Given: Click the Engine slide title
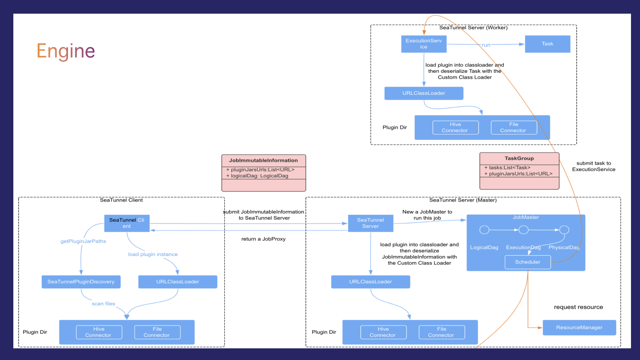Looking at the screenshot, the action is [66, 51].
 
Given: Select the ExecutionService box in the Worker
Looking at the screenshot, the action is [424, 44].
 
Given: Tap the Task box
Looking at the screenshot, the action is [547, 44].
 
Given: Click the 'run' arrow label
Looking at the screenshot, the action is [486, 45].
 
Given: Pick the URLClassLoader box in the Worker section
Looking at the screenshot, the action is [424, 93].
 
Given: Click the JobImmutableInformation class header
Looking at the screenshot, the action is [264, 160].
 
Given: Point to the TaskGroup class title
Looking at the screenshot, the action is [519, 158].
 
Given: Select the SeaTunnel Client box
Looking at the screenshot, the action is [127, 223].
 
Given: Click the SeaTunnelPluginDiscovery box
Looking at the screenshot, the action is [81, 282].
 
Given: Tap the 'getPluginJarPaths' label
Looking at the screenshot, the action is [83, 241].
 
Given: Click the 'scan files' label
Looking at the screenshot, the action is [103, 304].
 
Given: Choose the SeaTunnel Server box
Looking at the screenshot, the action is [371, 223].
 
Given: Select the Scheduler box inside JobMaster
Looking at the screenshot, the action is [528, 262].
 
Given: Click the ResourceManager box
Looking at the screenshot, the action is [579, 328].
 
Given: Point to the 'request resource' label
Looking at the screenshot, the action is [578, 307].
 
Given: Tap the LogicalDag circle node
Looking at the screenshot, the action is [484, 230].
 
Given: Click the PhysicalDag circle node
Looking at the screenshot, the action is [564, 230].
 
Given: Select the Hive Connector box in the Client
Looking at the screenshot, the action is [99, 332].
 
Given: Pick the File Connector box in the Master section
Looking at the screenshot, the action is [442, 332].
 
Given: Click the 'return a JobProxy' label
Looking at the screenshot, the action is [263, 239].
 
